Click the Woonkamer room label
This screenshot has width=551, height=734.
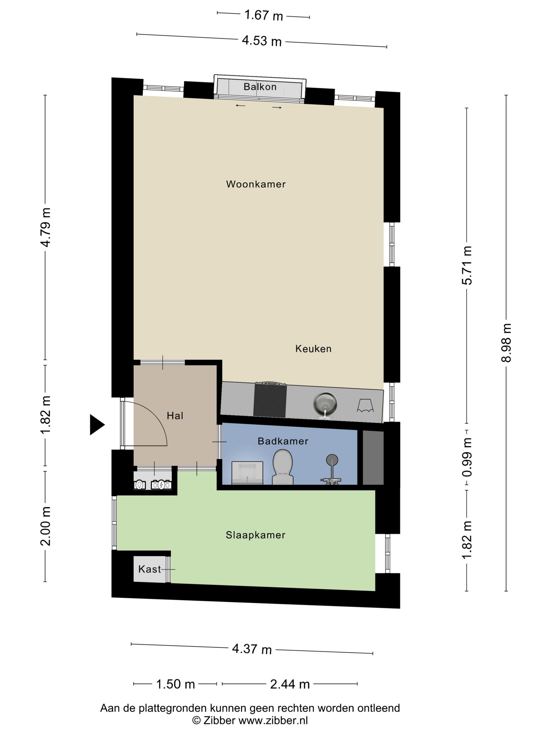pos(256,184)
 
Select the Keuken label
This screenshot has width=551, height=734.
pos(313,349)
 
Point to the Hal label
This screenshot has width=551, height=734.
pos(175,415)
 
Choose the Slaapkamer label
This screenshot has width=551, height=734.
pos(255,535)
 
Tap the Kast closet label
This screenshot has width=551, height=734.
pos(150,569)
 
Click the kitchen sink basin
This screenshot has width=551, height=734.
pos(325,403)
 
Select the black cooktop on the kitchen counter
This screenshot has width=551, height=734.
pos(270,401)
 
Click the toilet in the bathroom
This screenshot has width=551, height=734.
pos(283,467)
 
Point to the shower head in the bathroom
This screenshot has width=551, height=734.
pos(332,460)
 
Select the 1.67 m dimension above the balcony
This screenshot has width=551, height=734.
pos(263,15)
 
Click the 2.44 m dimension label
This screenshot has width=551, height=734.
pos(290,684)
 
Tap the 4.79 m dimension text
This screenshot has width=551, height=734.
pos(45,228)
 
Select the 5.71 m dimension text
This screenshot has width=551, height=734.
pos(467,266)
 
